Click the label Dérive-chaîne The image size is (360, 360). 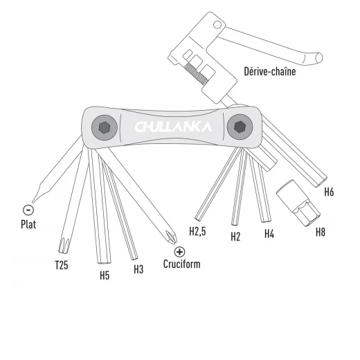[x=269, y=71]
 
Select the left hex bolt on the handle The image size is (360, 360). [x=106, y=127]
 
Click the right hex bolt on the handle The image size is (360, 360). [x=239, y=127]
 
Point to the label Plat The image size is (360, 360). [x=28, y=224]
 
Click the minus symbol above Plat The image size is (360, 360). [x=28, y=209]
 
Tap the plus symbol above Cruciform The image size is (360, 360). [x=180, y=252]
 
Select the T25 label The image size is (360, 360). [x=62, y=264]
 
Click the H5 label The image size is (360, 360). [x=105, y=273]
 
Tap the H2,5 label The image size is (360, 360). [x=198, y=231]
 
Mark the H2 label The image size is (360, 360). [x=235, y=236]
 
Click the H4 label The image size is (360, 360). [x=269, y=234]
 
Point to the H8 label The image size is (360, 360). [x=321, y=232]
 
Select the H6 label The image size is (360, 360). [x=329, y=192]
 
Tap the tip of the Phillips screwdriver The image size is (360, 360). [x=168, y=237]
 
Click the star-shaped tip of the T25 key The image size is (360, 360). [x=64, y=244]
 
